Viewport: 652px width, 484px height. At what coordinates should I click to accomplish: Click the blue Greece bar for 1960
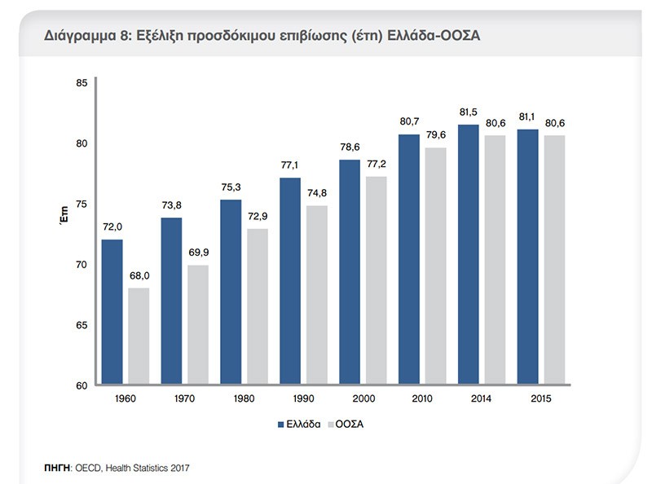[x=112, y=312]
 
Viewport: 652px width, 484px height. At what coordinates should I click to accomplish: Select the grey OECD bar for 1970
[x=198, y=324]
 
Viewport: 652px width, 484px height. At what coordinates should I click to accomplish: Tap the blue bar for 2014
[x=468, y=254]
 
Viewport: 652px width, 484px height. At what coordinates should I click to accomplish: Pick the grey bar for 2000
[x=376, y=280]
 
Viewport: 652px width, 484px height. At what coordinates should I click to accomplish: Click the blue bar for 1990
[x=290, y=281]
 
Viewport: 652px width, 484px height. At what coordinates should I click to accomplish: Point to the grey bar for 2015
[x=554, y=260]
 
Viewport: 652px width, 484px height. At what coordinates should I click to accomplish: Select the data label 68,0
[x=139, y=276]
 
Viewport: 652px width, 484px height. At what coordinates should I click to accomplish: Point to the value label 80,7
[x=409, y=123]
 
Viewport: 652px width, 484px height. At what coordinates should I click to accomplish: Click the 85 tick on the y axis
[x=81, y=83]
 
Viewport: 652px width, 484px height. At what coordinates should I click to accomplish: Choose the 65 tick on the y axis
[x=81, y=325]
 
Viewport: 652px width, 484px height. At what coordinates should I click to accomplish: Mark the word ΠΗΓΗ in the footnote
[x=56, y=469]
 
